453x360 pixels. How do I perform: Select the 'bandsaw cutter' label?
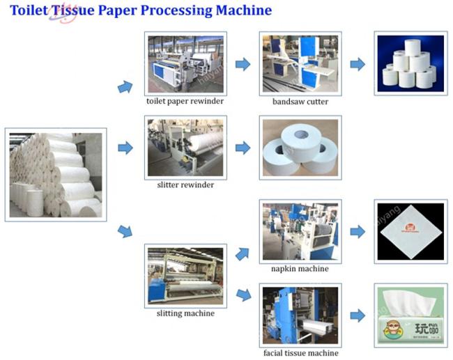click(x=300, y=102)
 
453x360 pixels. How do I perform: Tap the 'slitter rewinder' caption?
click(x=185, y=185)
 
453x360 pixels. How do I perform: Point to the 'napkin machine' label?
click(x=300, y=268)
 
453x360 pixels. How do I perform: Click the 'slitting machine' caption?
click(x=185, y=313)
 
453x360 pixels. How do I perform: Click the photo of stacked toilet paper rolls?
click(x=409, y=63)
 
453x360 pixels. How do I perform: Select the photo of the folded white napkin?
click(x=409, y=232)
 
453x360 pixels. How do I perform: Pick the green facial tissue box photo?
click(x=409, y=315)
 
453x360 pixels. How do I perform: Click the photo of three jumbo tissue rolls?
click(x=300, y=147)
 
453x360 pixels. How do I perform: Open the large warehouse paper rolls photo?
click(x=56, y=174)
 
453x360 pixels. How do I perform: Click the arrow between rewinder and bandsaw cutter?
click(x=243, y=65)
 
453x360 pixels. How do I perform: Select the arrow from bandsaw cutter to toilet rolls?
click(x=358, y=65)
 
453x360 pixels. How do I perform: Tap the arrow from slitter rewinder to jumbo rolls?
click(x=243, y=148)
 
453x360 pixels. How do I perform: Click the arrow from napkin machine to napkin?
click(x=358, y=232)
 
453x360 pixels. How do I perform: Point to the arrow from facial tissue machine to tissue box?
click(x=358, y=315)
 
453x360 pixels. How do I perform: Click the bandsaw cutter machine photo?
click(x=300, y=63)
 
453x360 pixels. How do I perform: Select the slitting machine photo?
click(x=185, y=275)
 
